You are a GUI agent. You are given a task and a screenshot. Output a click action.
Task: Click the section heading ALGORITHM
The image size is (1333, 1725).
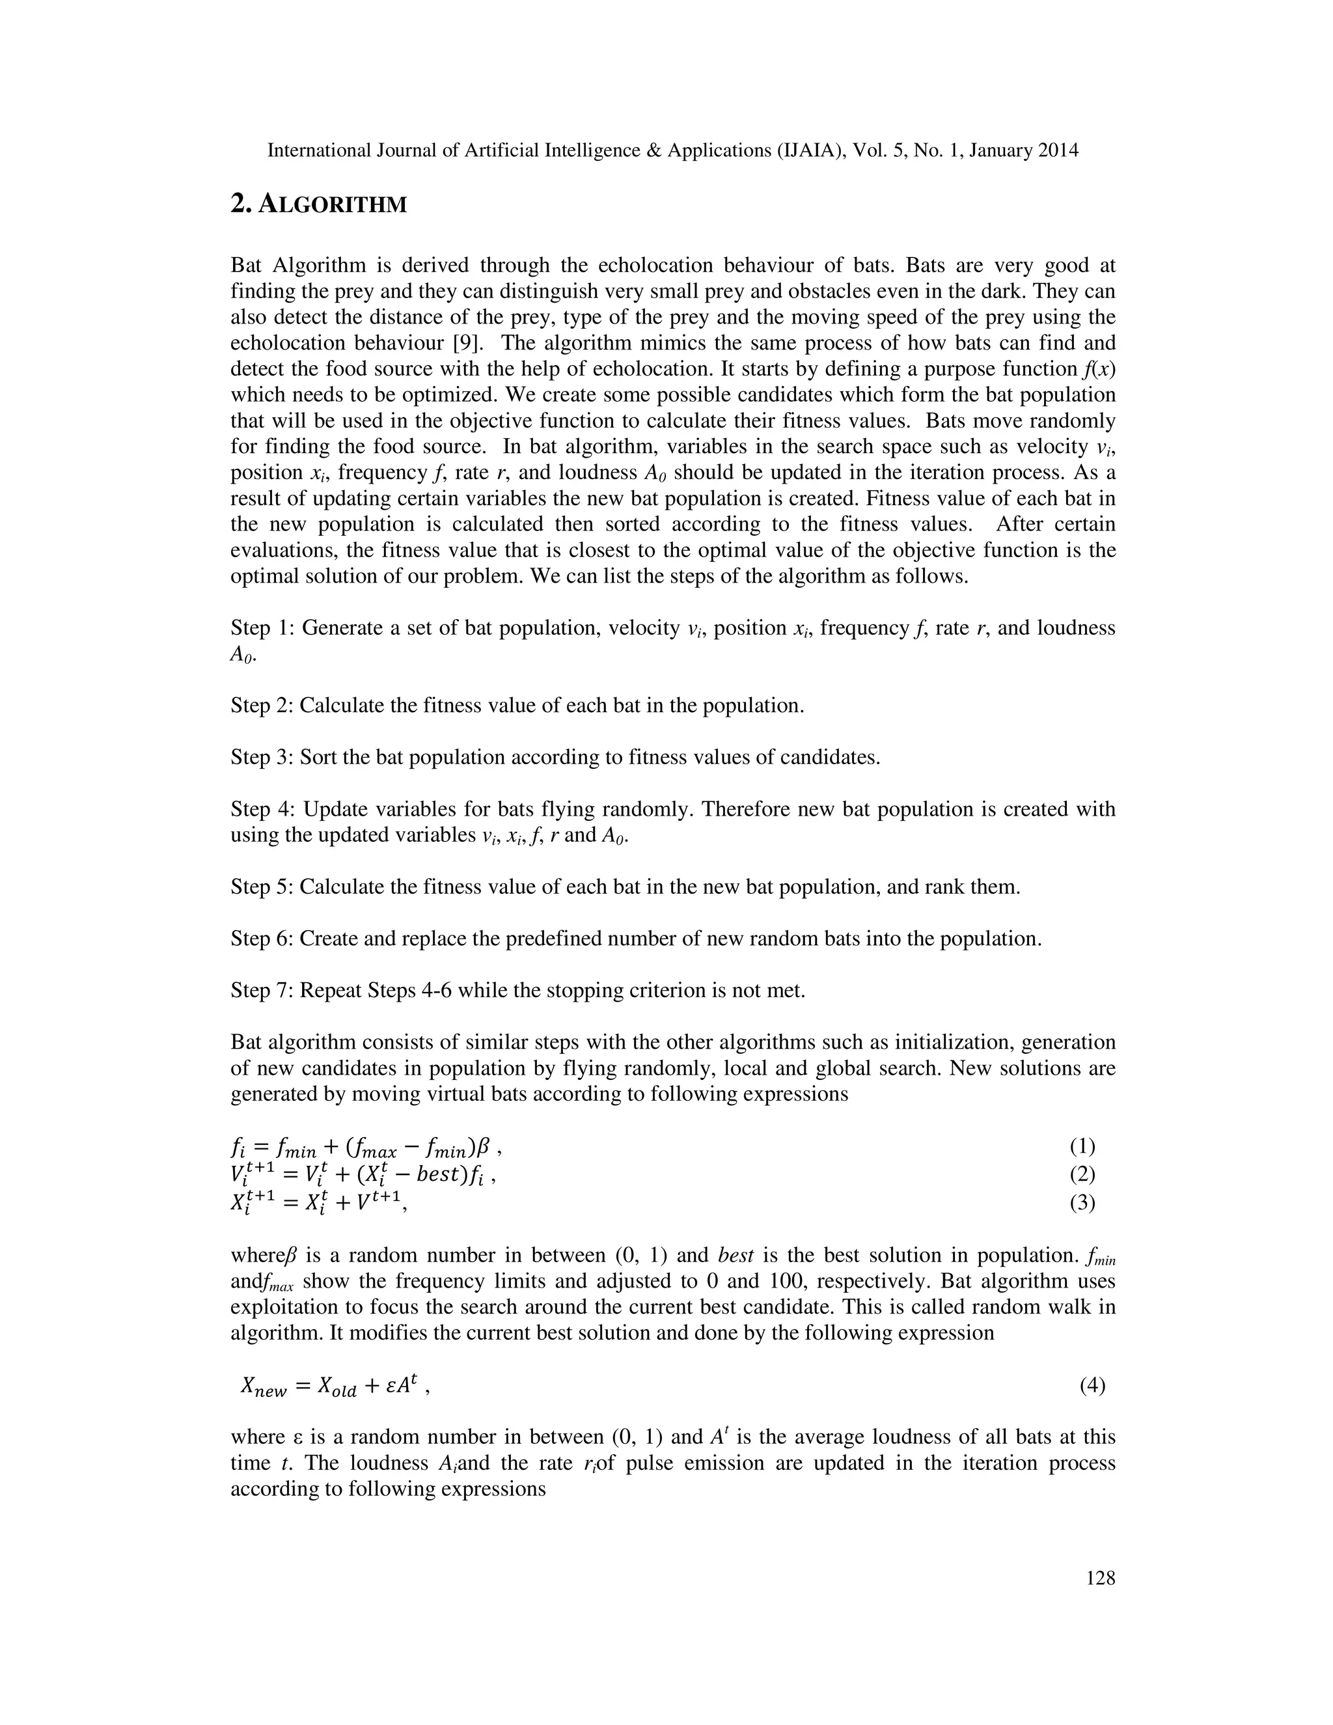click(319, 204)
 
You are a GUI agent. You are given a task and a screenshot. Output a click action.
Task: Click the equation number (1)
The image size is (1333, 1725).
click(1082, 1146)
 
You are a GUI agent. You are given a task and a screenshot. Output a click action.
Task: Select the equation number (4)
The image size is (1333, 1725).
click(1092, 1385)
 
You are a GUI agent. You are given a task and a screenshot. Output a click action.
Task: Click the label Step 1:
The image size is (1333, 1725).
click(262, 628)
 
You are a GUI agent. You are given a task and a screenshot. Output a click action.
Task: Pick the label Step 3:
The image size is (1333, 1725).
click(262, 758)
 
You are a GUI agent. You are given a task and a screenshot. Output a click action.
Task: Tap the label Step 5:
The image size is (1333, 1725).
click(262, 887)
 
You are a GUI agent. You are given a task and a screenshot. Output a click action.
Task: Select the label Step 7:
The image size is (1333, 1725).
click(262, 991)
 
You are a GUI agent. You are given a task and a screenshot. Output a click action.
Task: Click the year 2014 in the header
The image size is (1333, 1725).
click(1058, 150)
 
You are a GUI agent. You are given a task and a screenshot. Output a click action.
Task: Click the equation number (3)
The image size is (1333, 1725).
click(1082, 1202)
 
